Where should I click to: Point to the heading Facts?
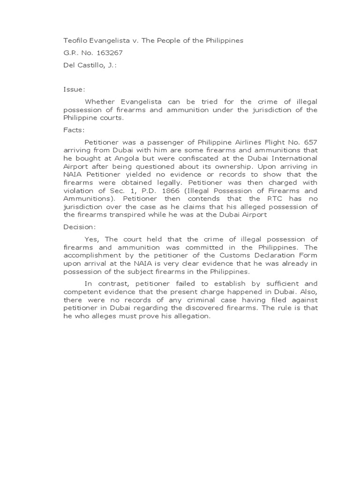tap(74, 130)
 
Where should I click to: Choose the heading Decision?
tap(80, 227)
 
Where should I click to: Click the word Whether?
tap(99, 101)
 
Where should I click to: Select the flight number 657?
tap(310, 142)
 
